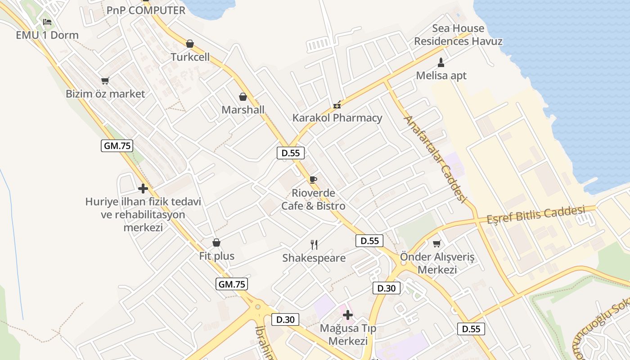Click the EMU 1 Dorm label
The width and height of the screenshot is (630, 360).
(47, 35)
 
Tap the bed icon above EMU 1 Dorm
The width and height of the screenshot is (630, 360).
(47, 22)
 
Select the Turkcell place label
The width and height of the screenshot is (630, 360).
(190, 57)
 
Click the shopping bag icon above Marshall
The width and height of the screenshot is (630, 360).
(243, 97)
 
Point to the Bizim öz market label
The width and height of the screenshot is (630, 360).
(105, 94)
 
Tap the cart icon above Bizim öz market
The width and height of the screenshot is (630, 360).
(105, 81)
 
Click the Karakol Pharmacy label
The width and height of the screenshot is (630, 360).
(337, 118)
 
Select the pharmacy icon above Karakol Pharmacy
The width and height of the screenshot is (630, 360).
(337, 105)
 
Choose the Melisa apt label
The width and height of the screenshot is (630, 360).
(441, 76)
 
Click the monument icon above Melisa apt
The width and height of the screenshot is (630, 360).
(441, 62)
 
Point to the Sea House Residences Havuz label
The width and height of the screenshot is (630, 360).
(458, 35)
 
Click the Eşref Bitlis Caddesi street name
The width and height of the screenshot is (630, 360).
(535, 215)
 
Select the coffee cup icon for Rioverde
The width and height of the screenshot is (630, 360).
(313, 180)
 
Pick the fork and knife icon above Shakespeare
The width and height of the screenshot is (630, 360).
(314, 245)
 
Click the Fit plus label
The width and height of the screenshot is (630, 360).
(217, 256)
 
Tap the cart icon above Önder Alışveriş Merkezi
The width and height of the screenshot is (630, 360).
(436, 244)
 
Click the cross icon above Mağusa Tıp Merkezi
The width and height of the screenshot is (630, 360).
(347, 315)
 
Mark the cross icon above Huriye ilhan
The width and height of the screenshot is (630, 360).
(143, 189)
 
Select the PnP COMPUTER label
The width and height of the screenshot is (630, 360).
(146, 10)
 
